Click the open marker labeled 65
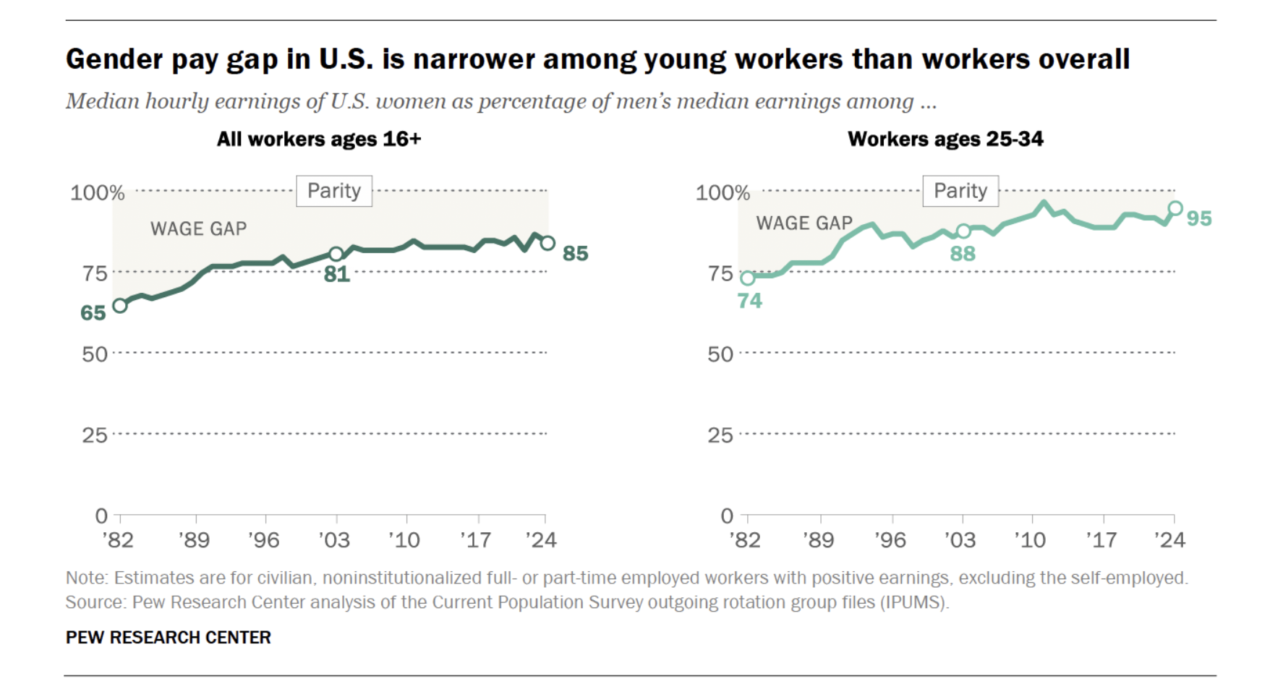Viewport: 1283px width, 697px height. click(120, 305)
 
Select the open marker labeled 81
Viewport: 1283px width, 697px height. click(336, 254)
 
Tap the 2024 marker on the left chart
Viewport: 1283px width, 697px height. click(547, 243)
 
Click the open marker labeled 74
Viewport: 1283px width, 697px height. click(748, 278)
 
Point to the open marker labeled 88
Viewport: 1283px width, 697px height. click(963, 231)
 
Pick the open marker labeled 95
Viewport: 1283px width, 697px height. click(1175, 208)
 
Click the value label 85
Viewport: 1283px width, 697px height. click(575, 254)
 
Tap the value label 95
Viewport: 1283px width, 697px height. click(1199, 218)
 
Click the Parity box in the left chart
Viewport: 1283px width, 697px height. click(334, 191)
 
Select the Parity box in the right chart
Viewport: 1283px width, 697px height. click(960, 191)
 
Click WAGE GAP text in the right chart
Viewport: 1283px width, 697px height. click(804, 223)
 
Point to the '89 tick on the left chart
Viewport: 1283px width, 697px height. click(195, 539)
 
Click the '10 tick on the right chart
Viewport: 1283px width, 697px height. click(1030, 539)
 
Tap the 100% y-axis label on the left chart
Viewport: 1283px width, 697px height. click(97, 193)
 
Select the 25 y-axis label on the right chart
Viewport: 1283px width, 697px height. click(720, 435)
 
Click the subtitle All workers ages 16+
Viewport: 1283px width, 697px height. click(319, 139)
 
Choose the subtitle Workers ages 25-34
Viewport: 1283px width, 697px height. click(945, 139)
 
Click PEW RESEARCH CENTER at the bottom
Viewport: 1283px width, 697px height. click(168, 637)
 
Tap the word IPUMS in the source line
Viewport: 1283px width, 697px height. click(913, 602)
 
